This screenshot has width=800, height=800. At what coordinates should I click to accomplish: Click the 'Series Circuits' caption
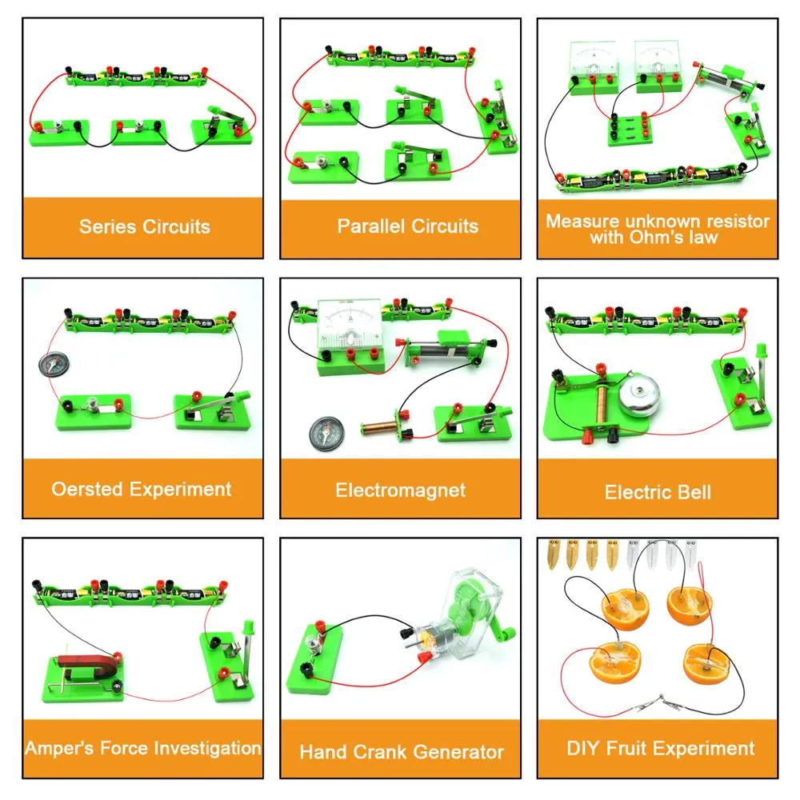tap(144, 226)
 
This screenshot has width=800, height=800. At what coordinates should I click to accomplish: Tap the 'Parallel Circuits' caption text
tap(407, 226)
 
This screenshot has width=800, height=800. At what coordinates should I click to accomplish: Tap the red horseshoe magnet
tap(84, 666)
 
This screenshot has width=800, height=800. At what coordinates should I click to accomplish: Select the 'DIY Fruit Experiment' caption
tap(660, 749)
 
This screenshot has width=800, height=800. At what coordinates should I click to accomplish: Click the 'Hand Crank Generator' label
tap(402, 752)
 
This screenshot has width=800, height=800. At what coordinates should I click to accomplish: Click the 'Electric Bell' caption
tap(658, 491)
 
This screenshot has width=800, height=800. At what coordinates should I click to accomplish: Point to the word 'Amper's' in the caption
tap(56, 749)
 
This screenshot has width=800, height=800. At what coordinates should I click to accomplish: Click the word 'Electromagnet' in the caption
tap(400, 490)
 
